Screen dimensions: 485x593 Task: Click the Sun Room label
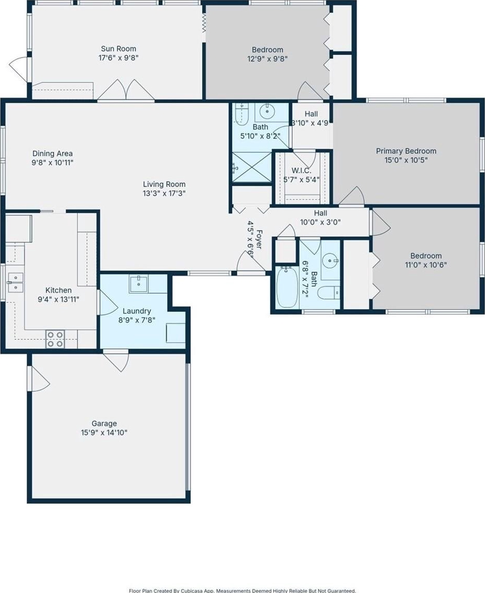[x=118, y=49]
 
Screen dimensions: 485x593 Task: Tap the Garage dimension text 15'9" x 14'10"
[x=104, y=433]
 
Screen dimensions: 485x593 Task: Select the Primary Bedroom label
[x=406, y=151]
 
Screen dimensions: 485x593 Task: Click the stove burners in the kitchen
[x=55, y=339]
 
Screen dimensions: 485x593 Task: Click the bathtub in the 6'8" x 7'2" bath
[x=287, y=287]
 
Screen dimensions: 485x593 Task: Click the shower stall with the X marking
[x=252, y=167]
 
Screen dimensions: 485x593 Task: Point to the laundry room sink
[x=139, y=284]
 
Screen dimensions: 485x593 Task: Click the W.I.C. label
[x=301, y=171]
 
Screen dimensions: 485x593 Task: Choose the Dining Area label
[x=52, y=154]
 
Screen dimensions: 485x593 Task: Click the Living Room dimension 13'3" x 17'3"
[x=164, y=194]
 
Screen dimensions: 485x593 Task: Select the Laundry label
[x=137, y=311]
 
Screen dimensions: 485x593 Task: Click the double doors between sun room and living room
[x=126, y=91]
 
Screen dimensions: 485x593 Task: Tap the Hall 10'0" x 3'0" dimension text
[x=320, y=223]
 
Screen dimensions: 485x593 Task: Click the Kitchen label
[x=58, y=290]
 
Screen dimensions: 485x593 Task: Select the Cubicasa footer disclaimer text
[x=243, y=590]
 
